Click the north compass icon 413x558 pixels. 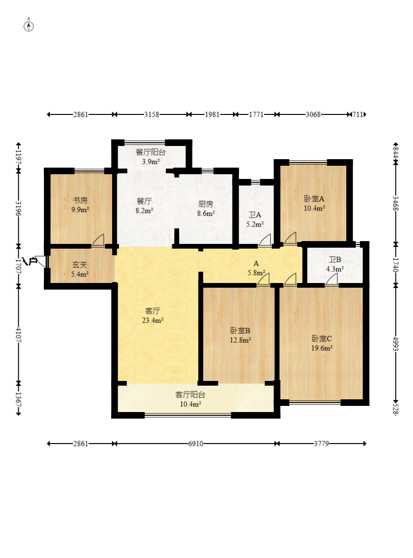click(x=29, y=25)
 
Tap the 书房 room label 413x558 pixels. click(x=80, y=200)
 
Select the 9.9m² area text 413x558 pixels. click(x=80, y=210)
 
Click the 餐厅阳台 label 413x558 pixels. click(x=151, y=152)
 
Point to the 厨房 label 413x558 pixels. click(x=206, y=204)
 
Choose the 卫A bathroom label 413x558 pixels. click(x=255, y=215)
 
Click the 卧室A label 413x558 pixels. click(x=314, y=199)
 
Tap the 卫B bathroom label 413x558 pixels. click(x=335, y=260)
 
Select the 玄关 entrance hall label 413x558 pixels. click(x=80, y=265)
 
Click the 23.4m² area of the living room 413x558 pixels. click(x=153, y=320)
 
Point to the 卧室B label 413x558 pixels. click(x=240, y=331)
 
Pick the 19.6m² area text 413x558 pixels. click(x=322, y=348)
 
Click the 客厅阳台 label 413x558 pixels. click(x=190, y=395)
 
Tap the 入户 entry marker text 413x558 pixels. click(x=30, y=261)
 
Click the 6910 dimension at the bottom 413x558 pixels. click(x=195, y=444)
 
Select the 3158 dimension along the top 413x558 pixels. click(x=152, y=114)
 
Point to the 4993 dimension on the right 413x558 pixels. click(x=396, y=343)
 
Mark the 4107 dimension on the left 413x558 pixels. click(x=18, y=334)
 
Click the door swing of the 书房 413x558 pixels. click(x=98, y=240)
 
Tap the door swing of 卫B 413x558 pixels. click(x=332, y=280)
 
